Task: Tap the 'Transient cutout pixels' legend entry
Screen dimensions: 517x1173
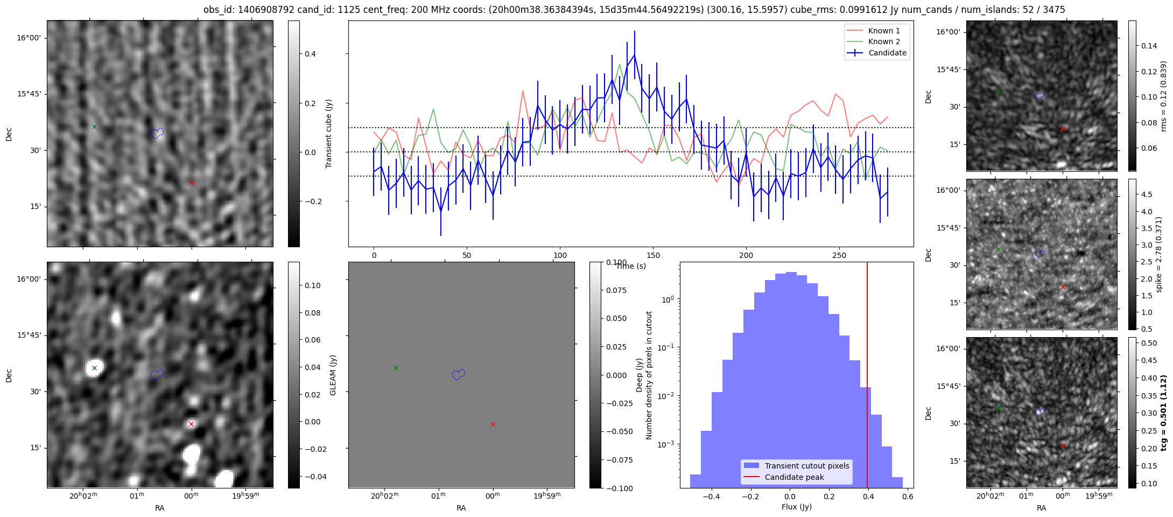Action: pos(806,466)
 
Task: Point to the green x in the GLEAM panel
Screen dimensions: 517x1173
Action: pos(396,368)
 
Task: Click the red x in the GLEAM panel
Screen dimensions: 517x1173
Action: pos(493,424)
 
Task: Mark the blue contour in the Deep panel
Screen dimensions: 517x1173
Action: pos(157,374)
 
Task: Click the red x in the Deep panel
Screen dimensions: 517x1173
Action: pos(191,424)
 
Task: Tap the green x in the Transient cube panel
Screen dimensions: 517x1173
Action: pos(95,127)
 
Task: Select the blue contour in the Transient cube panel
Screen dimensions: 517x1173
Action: pos(157,133)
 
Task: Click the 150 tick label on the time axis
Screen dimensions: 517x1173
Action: pos(653,255)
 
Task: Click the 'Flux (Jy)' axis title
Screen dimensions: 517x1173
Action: pos(796,507)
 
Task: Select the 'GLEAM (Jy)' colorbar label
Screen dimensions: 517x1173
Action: pos(333,375)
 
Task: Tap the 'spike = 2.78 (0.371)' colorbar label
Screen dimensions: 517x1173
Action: pos(1159,254)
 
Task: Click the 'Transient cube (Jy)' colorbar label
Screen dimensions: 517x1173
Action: pos(328,134)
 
